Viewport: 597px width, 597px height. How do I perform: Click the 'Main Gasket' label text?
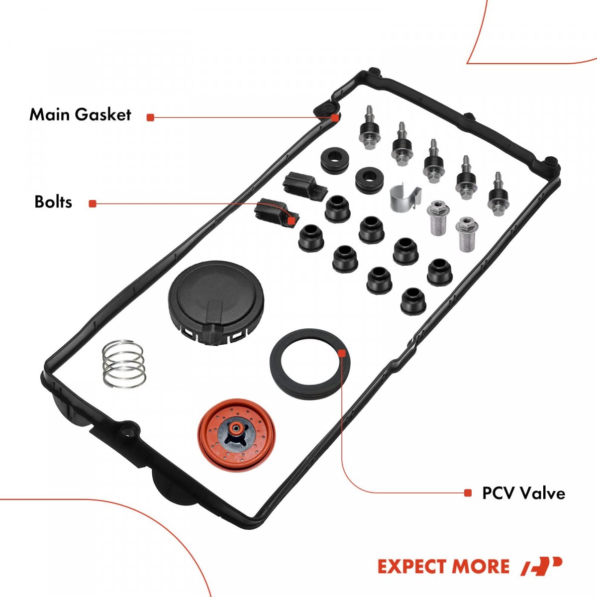point(80,114)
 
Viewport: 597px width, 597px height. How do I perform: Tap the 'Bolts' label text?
point(53,202)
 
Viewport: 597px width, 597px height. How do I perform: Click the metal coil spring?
point(124,364)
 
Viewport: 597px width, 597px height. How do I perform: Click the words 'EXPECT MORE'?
point(443,566)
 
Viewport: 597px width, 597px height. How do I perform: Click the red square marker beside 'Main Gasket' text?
point(150,117)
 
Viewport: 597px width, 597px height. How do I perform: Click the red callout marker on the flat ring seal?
point(342,353)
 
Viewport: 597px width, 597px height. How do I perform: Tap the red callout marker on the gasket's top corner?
point(335,118)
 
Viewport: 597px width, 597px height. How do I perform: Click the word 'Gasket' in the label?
point(103,114)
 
